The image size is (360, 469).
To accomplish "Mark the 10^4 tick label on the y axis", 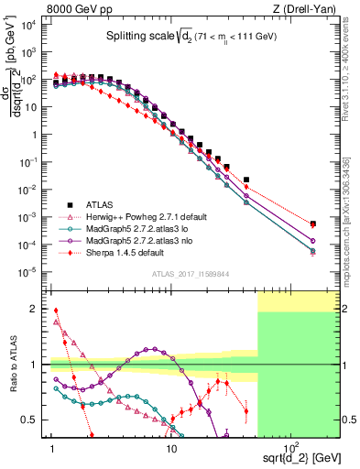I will [x=29, y=25].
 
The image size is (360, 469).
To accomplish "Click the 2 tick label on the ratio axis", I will [x=38, y=309].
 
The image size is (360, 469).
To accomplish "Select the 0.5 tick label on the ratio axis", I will [x=34, y=420].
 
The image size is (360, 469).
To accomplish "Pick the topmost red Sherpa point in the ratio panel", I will [x=55, y=311].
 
